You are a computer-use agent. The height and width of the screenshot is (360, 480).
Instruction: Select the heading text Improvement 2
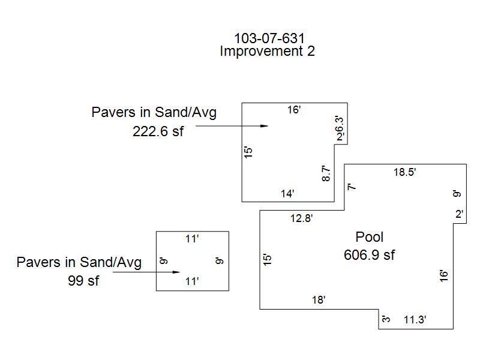tap(267, 51)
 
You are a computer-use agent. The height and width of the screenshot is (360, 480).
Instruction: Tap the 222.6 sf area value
tap(158, 132)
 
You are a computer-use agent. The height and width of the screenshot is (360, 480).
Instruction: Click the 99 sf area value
tap(83, 280)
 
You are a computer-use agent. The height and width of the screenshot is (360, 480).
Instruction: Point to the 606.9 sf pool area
tap(370, 255)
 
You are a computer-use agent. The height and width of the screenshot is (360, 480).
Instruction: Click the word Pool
tap(370, 237)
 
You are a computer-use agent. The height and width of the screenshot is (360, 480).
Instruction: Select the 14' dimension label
tap(287, 193)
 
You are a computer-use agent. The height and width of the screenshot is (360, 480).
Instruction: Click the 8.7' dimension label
tap(326, 174)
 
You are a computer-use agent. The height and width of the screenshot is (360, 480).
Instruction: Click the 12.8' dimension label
tap(302, 218)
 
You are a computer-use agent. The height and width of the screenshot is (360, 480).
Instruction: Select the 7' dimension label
tap(352, 187)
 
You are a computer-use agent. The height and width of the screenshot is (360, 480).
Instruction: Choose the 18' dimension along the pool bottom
tap(319, 300)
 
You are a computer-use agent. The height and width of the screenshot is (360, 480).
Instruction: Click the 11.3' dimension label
tap(415, 320)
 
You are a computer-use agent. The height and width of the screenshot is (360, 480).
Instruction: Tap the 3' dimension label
tap(386, 319)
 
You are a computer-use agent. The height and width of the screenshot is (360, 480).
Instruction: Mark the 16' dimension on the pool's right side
tap(445, 275)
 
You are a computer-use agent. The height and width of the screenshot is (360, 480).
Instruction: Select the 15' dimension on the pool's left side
tap(268, 259)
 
